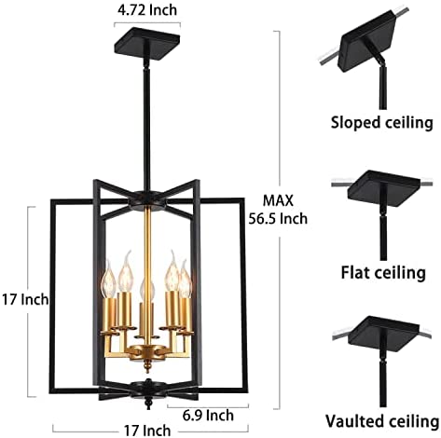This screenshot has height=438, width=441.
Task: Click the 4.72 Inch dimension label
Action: point(147,10)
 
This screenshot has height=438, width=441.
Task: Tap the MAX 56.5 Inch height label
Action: point(278,210)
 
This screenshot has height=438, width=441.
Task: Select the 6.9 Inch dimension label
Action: point(208,416)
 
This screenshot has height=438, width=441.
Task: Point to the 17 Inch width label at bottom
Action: point(147,431)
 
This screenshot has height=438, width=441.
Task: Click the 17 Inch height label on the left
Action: point(25,299)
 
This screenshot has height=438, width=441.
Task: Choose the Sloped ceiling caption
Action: point(381,123)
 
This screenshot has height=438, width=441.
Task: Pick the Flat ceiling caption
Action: point(383,272)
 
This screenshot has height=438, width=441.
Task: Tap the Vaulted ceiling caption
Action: point(382,421)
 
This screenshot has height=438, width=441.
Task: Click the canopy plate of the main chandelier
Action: point(147,43)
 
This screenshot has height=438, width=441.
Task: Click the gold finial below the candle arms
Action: point(147,365)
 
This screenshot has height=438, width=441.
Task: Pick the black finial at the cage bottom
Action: point(148,403)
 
